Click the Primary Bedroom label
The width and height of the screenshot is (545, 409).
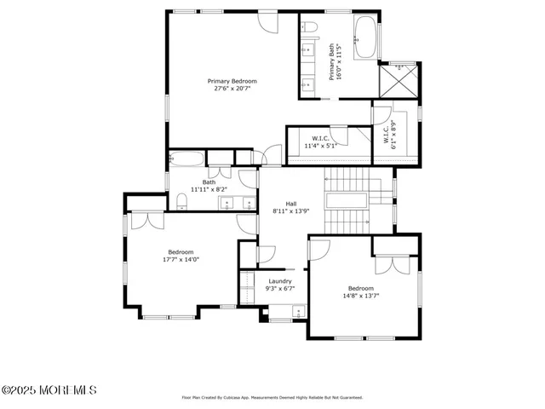(x=232, y=81)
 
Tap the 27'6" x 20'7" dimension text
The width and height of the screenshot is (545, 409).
(x=232, y=89)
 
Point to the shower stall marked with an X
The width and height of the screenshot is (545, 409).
(x=397, y=82)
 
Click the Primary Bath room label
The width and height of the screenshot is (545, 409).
(x=332, y=61)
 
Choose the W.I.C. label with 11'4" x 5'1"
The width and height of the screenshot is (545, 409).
(x=321, y=138)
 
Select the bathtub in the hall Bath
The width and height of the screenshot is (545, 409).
(x=186, y=158)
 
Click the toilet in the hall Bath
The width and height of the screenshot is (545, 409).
(x=182, y=201)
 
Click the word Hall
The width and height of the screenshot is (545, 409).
(x=290, y=204)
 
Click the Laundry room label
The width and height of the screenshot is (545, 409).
(x=280, y=281)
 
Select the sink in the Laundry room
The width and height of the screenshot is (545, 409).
(x=297, y=310)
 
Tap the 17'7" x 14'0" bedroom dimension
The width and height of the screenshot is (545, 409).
(x=181, y=260)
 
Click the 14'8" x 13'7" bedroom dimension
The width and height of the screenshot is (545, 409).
(x=361, y=296)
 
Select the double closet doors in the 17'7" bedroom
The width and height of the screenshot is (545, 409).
(x=141, y=220)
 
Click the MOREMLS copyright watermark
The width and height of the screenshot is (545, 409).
(x=49, y=390)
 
